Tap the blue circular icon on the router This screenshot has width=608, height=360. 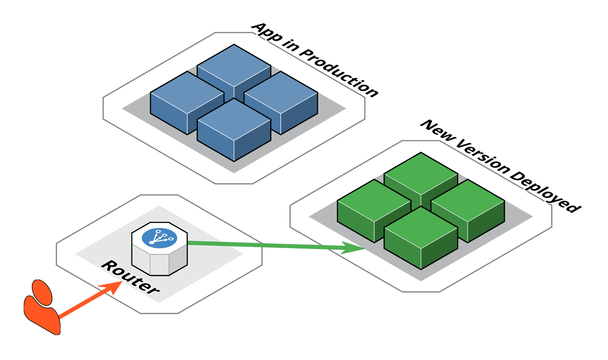[159, 238]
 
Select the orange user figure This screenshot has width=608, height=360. [42, 309]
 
